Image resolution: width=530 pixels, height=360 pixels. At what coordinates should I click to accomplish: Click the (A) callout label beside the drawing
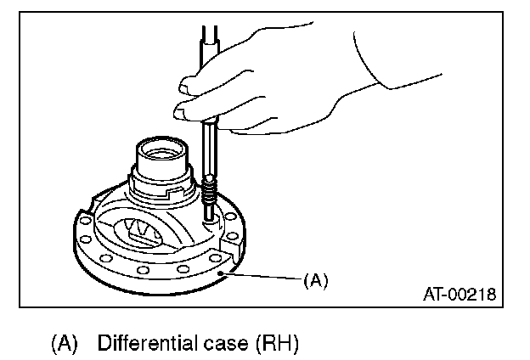pyautogui.click(x=315, y=279)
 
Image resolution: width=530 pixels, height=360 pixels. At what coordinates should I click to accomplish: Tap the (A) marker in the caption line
pyautogui.click(x=65, y=344)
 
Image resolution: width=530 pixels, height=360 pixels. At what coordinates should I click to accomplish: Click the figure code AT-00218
pyautogui.click(x=459, y=295)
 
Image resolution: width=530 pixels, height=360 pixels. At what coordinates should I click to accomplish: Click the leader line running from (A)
pyautogui.click(x=263, y=276)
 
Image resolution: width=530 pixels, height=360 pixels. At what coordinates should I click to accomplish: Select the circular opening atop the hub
pyautogui.click(x=163, y=154)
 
